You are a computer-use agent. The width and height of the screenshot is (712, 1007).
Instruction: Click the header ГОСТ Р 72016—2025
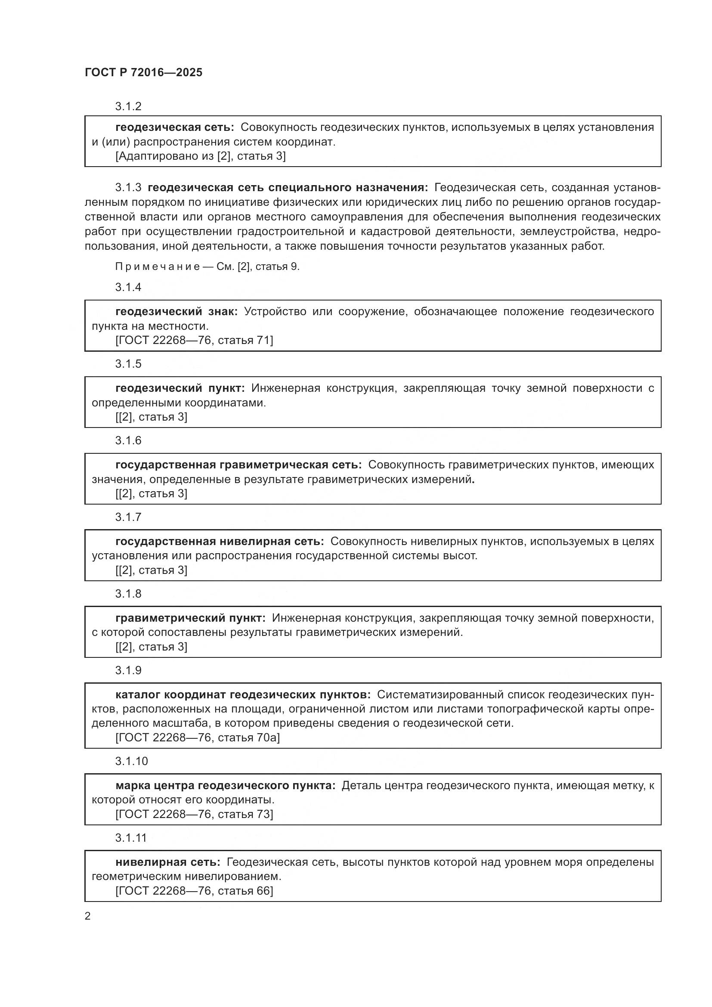pyautogui.click(x=143, y=72)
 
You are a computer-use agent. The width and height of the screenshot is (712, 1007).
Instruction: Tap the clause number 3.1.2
pyautogui.click(x=128, y=107)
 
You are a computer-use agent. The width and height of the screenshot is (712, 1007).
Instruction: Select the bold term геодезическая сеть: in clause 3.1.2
pyautogui.click(x=174, y=127)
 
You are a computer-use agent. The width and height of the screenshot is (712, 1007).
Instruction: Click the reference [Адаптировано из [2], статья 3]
pyautogui.click(x=200, y=156)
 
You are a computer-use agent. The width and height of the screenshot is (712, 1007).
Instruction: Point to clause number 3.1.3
pyautogui.click(x=128, y=188)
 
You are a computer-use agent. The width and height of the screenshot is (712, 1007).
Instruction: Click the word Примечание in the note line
pyautogui.click(x=158, y=266)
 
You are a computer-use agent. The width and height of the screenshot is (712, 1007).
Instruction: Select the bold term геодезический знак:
pyautogui.click(x=176, y=312)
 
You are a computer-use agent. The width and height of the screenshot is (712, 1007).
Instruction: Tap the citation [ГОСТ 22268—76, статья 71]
pyautogui.click(x=194, y=341)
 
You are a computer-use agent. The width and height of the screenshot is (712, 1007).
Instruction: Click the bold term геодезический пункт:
pyautogui.click(x=180, y=388)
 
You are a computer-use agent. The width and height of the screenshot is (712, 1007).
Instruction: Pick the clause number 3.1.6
pyautogui.click(x=128, y=440)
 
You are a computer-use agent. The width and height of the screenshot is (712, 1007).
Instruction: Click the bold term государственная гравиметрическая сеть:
pyautogui.click(x=238, y=465)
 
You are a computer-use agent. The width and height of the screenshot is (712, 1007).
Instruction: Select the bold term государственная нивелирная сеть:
pyautogui.click(x=220, y=542)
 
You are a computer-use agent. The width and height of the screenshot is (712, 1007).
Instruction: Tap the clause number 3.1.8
pyautogui.click(x=128, y=594)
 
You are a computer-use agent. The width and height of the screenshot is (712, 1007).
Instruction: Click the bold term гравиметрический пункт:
pyautogui.click(x=190, y=618)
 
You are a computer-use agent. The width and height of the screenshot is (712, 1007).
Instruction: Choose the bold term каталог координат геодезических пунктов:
pyautogui.click(x=243, y=695)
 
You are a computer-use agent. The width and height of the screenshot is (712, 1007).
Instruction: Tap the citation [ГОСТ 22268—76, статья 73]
pyautogui.click(x=194, y=815)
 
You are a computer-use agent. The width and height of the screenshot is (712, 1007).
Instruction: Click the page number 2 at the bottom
pyautogui.click(x=88, y=916)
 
